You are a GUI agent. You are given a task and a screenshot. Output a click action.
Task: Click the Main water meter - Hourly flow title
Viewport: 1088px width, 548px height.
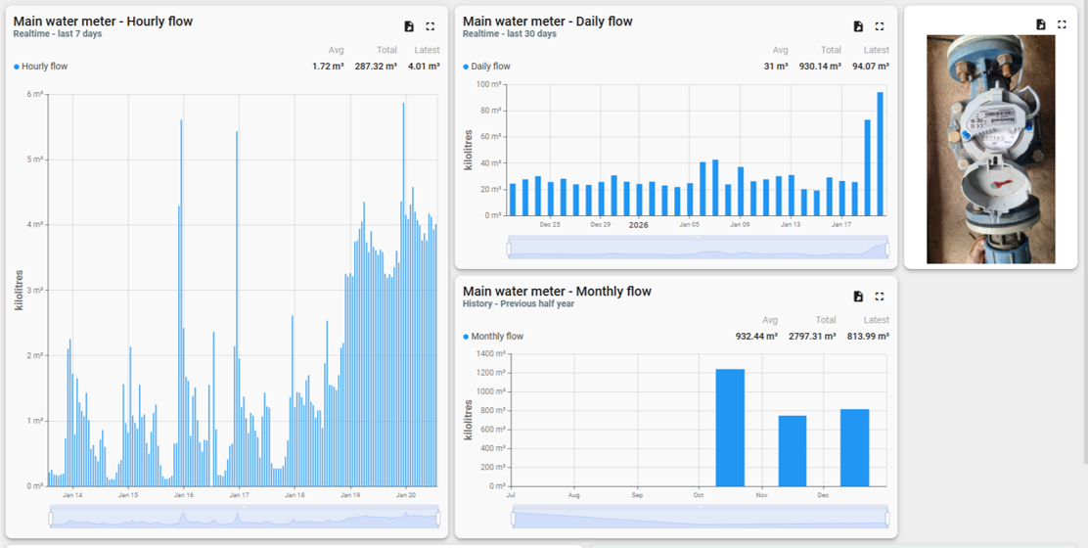103,22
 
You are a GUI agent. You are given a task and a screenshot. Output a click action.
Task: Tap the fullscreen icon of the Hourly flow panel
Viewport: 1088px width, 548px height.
431,26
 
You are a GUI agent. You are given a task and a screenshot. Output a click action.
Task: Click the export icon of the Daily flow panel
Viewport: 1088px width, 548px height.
858,26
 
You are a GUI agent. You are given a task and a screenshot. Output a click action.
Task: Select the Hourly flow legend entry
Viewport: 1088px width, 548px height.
44,67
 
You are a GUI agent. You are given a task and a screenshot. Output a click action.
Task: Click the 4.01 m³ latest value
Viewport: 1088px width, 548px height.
424,67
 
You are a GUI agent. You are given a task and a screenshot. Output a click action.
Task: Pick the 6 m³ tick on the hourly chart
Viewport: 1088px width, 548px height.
35,94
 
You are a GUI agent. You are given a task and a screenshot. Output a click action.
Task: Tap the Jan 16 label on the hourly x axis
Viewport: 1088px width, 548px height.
183,495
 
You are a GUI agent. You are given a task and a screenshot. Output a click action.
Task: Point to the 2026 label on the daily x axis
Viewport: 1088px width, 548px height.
639,225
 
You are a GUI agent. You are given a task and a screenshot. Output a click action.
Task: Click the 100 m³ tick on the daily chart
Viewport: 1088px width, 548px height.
488,84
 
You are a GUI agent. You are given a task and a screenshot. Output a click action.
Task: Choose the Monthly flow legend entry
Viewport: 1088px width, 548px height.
497,337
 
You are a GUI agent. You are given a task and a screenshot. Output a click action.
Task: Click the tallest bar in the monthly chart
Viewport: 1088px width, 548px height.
730,428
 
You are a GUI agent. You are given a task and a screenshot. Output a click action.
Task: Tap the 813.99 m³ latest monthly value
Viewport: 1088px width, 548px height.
868,337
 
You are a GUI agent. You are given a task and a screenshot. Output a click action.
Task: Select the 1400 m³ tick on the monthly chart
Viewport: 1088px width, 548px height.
490,354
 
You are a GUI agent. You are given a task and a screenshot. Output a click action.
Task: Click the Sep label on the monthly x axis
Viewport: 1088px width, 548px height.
638,496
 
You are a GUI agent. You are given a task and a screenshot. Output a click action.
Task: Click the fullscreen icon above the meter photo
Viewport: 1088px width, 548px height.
1063,24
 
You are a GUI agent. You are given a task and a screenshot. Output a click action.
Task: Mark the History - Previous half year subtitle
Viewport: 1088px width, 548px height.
519,304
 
